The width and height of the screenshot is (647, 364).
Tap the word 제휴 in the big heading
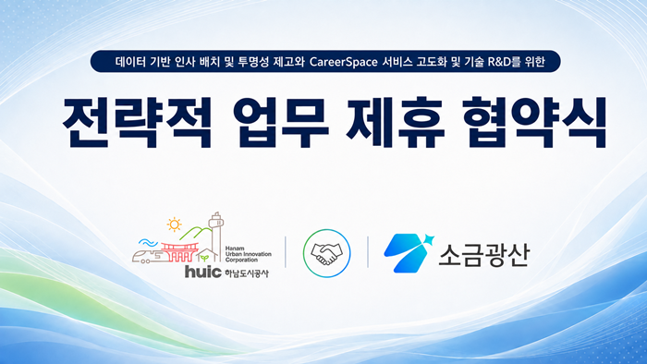coord(396,122)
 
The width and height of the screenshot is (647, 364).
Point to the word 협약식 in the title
coord(534,122)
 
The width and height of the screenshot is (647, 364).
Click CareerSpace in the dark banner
coord(343,62)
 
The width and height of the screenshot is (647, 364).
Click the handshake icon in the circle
coord(326,253)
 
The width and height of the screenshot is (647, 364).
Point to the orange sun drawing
coord(174,224)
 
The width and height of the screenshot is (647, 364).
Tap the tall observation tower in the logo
coord(215,237)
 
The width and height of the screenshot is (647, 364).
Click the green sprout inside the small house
coord(204,258)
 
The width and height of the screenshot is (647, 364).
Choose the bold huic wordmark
coord(203,272)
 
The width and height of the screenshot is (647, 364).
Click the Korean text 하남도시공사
coord(247,273)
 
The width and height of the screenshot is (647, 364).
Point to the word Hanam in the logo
coord(235,249)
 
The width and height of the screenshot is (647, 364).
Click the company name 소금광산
coord(483,254)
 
